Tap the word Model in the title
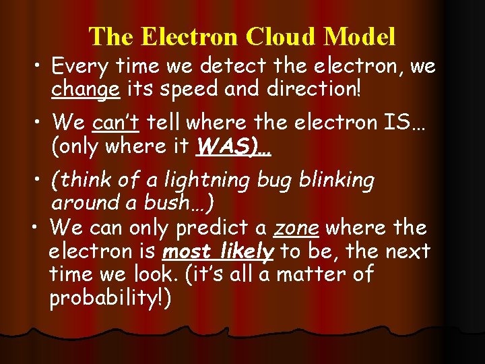[x=362, y=36]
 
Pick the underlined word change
[x=86, y=88]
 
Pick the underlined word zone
[x=296, y=229]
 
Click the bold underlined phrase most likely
[x=218, y=252]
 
